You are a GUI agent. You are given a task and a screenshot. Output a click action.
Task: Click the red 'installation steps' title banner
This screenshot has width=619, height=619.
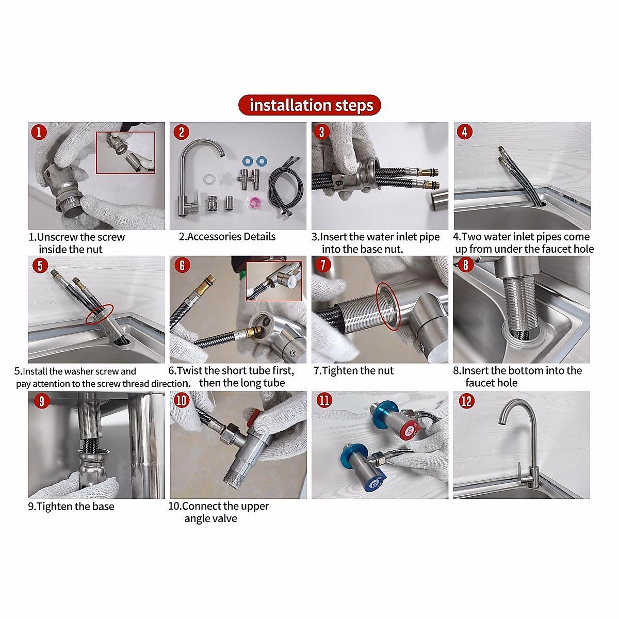point(309,105)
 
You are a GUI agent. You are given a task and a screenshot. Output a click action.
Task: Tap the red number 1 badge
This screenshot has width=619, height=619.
point(39,132)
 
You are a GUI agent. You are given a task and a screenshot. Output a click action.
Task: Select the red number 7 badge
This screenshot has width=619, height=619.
point(323,265)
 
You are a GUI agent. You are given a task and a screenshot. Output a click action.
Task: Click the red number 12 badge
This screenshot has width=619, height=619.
point(466,401)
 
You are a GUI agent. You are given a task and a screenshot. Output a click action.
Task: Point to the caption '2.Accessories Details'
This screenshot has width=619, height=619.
point(227,237)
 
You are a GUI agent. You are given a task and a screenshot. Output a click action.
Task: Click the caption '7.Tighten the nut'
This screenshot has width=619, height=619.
point(353,370)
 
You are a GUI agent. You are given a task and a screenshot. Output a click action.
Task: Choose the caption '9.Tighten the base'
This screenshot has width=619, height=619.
point(71,506)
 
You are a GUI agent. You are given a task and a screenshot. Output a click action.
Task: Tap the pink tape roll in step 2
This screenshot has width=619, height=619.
point(253,201)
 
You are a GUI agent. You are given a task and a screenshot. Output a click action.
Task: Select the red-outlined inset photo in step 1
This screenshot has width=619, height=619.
point(125,153)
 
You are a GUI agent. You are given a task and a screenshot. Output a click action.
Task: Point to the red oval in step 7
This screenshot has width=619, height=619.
point(387,306)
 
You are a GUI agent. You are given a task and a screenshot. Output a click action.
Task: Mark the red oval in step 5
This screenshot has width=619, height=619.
point(99,314)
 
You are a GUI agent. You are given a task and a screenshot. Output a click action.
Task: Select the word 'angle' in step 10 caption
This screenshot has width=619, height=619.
point(197,518)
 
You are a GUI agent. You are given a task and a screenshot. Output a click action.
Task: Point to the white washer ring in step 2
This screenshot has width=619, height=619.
point(209,180)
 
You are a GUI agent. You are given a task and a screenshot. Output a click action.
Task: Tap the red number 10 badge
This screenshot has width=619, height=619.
point(181,400)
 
